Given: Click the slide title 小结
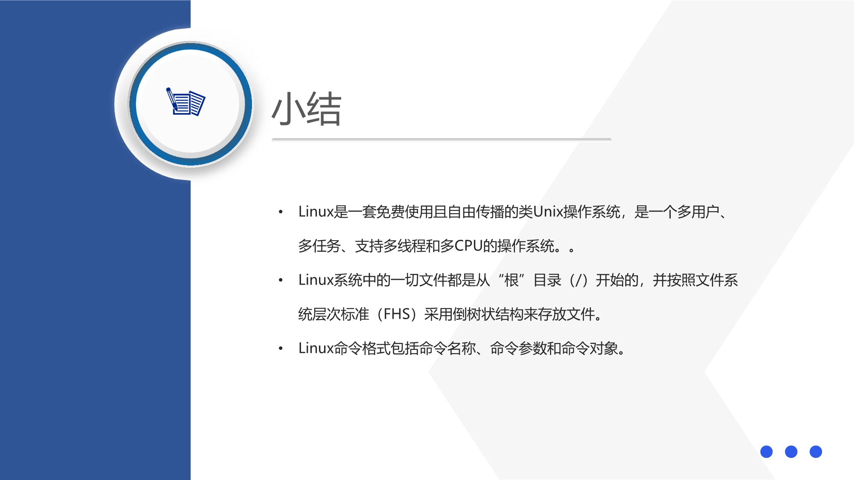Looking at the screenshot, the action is pyautogui.click(x=307, y=109).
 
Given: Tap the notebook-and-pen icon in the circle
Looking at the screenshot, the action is pyautogui.click(x=186, y=102).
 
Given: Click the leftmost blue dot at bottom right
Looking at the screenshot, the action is pyautogui.click(x=766, y=451).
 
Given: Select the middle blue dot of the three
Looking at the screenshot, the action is pyautogui.click(x=791, y=451).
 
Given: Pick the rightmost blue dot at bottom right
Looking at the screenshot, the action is pyautogui.click(x=816, y=451).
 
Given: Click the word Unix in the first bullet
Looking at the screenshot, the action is pyautogui.click(x=548, y=212).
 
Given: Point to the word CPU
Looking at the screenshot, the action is pyautogui.click(x=468, y=246).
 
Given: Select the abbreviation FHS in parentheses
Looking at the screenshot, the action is pyautogui.click(x=397, y=314).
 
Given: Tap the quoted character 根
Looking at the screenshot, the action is pyautogui.click(x=511, y=280).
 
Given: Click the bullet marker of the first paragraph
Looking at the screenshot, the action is pyautogui.click(x=281, y=212).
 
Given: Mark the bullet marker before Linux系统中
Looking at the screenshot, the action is pyautogui.click(x=281, y=280).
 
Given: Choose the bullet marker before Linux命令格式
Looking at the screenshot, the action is pyautogui.click(x=281, y=349).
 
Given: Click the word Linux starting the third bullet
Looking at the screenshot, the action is pyautogui.click(x=316, y=348).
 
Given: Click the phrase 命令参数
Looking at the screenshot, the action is pyautogui.click(x=518, y=348).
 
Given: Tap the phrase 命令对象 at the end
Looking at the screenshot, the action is pyautogui.click(x=589, y=348).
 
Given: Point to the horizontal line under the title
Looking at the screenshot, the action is pyautogui.click(x=442, y=140).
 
